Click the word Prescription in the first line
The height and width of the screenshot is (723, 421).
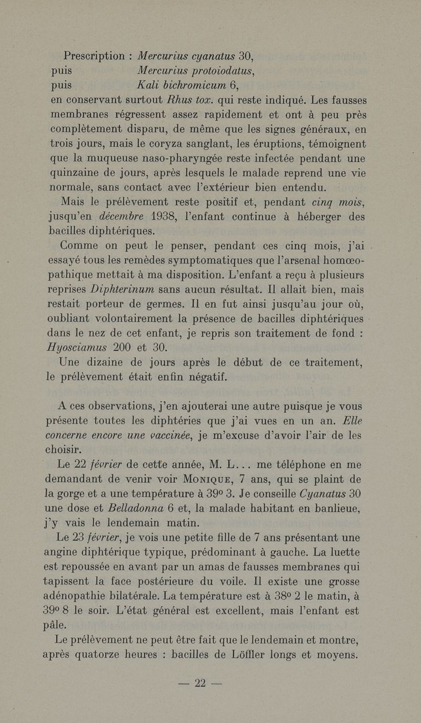pos(93,56)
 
